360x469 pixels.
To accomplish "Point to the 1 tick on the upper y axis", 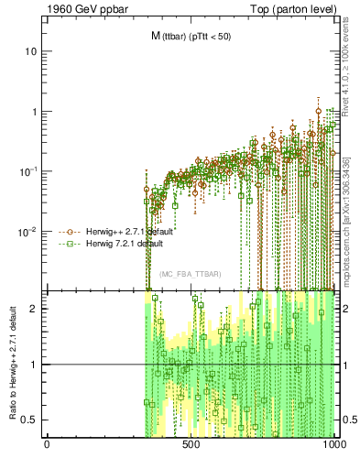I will click(34, 112).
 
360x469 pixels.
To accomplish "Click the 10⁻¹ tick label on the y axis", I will click(28, 171).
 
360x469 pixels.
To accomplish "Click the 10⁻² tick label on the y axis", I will click(28, 231).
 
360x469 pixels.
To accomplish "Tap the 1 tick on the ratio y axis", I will click(34, 365).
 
